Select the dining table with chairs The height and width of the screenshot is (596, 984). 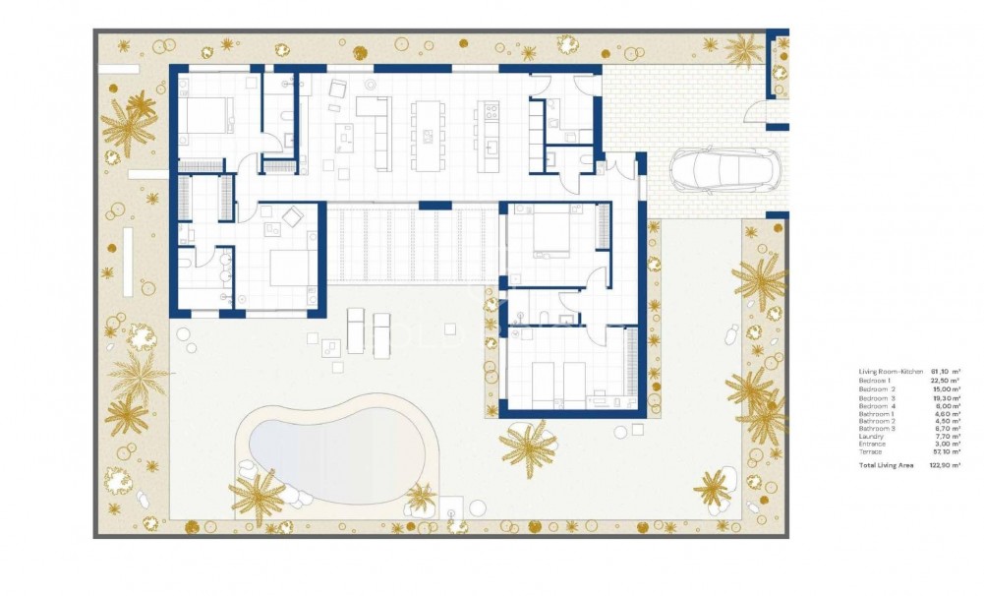coord(427,134)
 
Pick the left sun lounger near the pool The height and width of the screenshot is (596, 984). coord(356,329)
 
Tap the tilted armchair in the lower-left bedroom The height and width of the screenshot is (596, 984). coord(293,217)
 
